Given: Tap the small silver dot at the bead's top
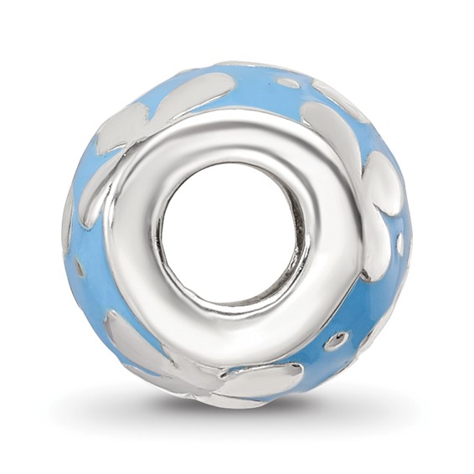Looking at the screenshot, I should [x=288, y=83].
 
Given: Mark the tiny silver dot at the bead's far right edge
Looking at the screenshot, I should [x=399, y=244].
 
